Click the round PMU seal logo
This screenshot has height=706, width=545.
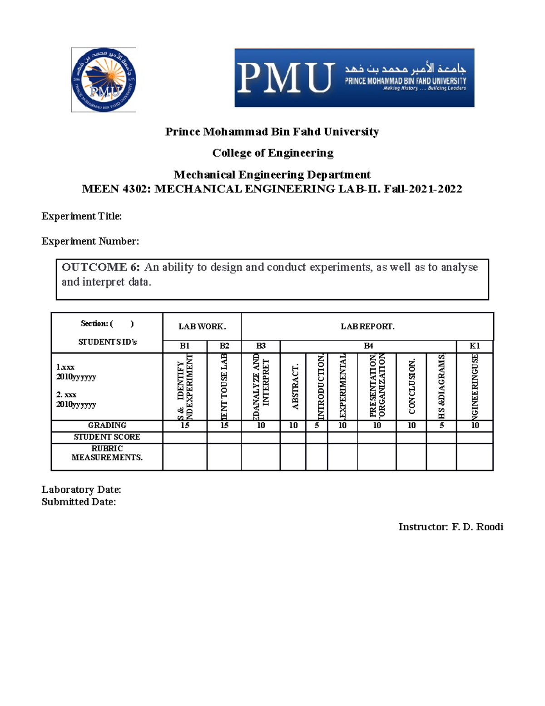tap(104, 80)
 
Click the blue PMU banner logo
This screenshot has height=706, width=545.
tap(354, 78)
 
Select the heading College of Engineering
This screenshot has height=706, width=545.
tap(272, 153)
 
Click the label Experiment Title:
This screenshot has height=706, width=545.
tap(82, 216)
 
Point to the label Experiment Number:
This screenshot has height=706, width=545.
tap(90, 241)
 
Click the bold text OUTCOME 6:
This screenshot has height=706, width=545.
tap(101, 267)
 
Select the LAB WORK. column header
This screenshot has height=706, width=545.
tap(202, 326)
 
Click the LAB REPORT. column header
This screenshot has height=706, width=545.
tap(367, 326)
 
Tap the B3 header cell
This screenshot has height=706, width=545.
tap(261, 346)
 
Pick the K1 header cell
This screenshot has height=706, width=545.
tap(475, 346)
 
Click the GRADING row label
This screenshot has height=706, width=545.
tap(107, 426)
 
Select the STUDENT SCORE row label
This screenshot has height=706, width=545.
tap(107, 437)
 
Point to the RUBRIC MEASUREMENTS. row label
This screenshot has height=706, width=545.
tap(107, 453)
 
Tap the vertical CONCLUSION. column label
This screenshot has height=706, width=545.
tap(412, 386)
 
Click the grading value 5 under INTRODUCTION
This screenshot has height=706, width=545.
tap(317, 426)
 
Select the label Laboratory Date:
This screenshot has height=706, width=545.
tap(81, 490)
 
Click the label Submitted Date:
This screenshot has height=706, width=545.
tap(79, 502)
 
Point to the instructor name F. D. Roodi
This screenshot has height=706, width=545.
tap(477, 527)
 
